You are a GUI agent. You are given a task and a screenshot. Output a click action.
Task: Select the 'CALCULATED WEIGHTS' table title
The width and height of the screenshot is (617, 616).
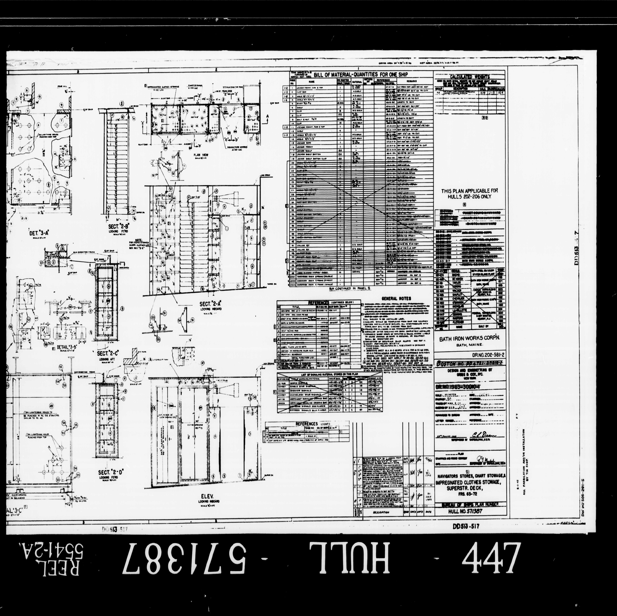click(x=469, y=77)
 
